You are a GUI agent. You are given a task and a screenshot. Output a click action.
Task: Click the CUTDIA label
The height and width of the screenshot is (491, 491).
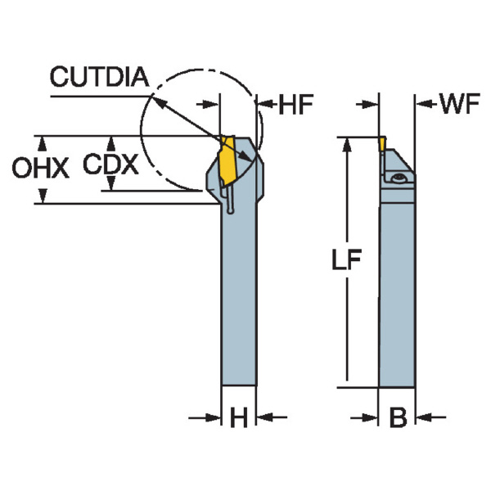(x=99, y=78)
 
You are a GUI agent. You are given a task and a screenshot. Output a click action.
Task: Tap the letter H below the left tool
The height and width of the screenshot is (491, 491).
(x=238, y=418)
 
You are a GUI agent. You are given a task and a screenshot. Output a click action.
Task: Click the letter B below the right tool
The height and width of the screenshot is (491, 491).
(x=398, y=418)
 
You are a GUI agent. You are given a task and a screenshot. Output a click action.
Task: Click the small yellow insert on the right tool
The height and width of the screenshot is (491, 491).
(x=382, y=143)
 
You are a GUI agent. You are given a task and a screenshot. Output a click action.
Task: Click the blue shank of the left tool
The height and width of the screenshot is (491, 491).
(x=240, y=303)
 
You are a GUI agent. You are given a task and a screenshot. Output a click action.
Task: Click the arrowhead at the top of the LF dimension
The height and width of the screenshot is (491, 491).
(x=348, y=143)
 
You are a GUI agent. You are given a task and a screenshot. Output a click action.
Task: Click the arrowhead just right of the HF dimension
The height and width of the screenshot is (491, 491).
(x=264, y=104)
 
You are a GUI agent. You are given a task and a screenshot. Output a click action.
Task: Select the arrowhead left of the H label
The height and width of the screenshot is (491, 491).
(x=215, y=418)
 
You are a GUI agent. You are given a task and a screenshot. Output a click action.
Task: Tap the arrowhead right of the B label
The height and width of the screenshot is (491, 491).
(x=422, y=418)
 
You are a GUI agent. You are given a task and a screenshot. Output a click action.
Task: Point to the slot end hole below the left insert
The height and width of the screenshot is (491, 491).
(x=230, y=212)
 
